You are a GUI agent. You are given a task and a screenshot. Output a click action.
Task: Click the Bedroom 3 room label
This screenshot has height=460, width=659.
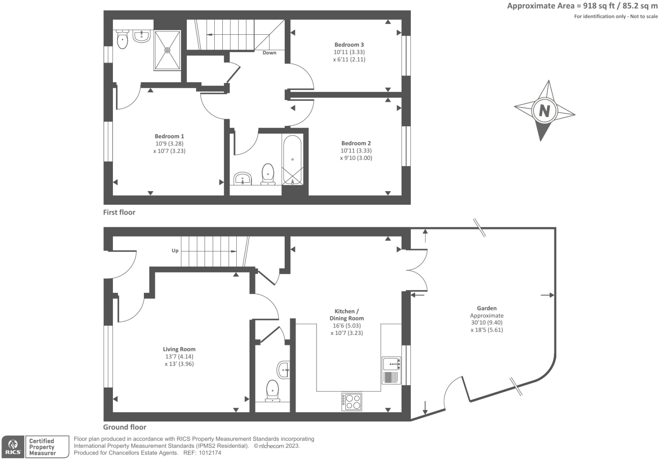pyautogui.click(x=349, y=45)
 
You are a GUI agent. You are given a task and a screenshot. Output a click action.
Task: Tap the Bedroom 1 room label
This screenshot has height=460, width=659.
pyautogui.click(x=169, y=136)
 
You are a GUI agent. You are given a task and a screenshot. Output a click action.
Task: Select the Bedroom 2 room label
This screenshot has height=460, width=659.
pyautogui.click(x=356, y=143)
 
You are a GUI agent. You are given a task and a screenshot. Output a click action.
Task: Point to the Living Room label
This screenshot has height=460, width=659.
pyautogui.click(x=179, y=349)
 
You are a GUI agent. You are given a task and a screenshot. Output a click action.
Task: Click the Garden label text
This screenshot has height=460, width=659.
pyautogui.click(x=486, y=308)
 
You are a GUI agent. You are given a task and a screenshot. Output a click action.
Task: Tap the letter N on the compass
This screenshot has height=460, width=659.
pyautogui.click(x=544, y=111)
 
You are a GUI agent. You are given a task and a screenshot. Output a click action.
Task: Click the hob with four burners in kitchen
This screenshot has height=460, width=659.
pyautogui.click(x=352, y=401)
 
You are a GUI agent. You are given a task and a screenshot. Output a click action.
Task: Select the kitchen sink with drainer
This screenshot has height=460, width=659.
pyautogui.click(x=391, y=371)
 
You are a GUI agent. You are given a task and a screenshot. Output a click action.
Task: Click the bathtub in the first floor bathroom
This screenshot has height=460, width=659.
pyautogui.click(x=292, y=160)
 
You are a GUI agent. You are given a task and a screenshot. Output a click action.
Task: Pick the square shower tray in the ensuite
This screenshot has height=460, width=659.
pyautogui.click(x=167, y=50)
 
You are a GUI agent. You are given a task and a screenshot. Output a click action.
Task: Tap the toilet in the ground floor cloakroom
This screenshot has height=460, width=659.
pyautogui.click(x=272, y=390)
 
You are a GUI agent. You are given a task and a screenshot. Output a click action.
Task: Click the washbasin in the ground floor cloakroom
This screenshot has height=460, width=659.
pyautogui.click(x=283, y=370)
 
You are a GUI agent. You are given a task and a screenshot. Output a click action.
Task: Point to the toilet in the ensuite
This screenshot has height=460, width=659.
pyautogui.click(x=122, y=40)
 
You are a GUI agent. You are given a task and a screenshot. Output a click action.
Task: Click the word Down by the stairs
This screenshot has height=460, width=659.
pyautogui.click(x=269, y=53)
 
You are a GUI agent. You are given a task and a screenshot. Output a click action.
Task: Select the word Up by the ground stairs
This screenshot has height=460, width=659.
pyautogui.click(x=175, y=251)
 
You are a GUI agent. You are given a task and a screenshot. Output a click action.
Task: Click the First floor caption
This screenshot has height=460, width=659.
pyautogui.click(x=119, y=212)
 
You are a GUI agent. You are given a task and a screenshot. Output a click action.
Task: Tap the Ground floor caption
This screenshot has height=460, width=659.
pyautogui.click(x=125, y=427)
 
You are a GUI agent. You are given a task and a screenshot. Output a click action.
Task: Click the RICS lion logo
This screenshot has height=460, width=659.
pyautogui.click(x=13, y=447)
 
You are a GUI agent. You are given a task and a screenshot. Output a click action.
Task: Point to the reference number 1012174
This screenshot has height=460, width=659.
pyautogui.click(x=210, y=453)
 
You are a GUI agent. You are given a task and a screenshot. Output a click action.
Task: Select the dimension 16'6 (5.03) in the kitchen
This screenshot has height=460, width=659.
pyautogui.click(x=347, y=326)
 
